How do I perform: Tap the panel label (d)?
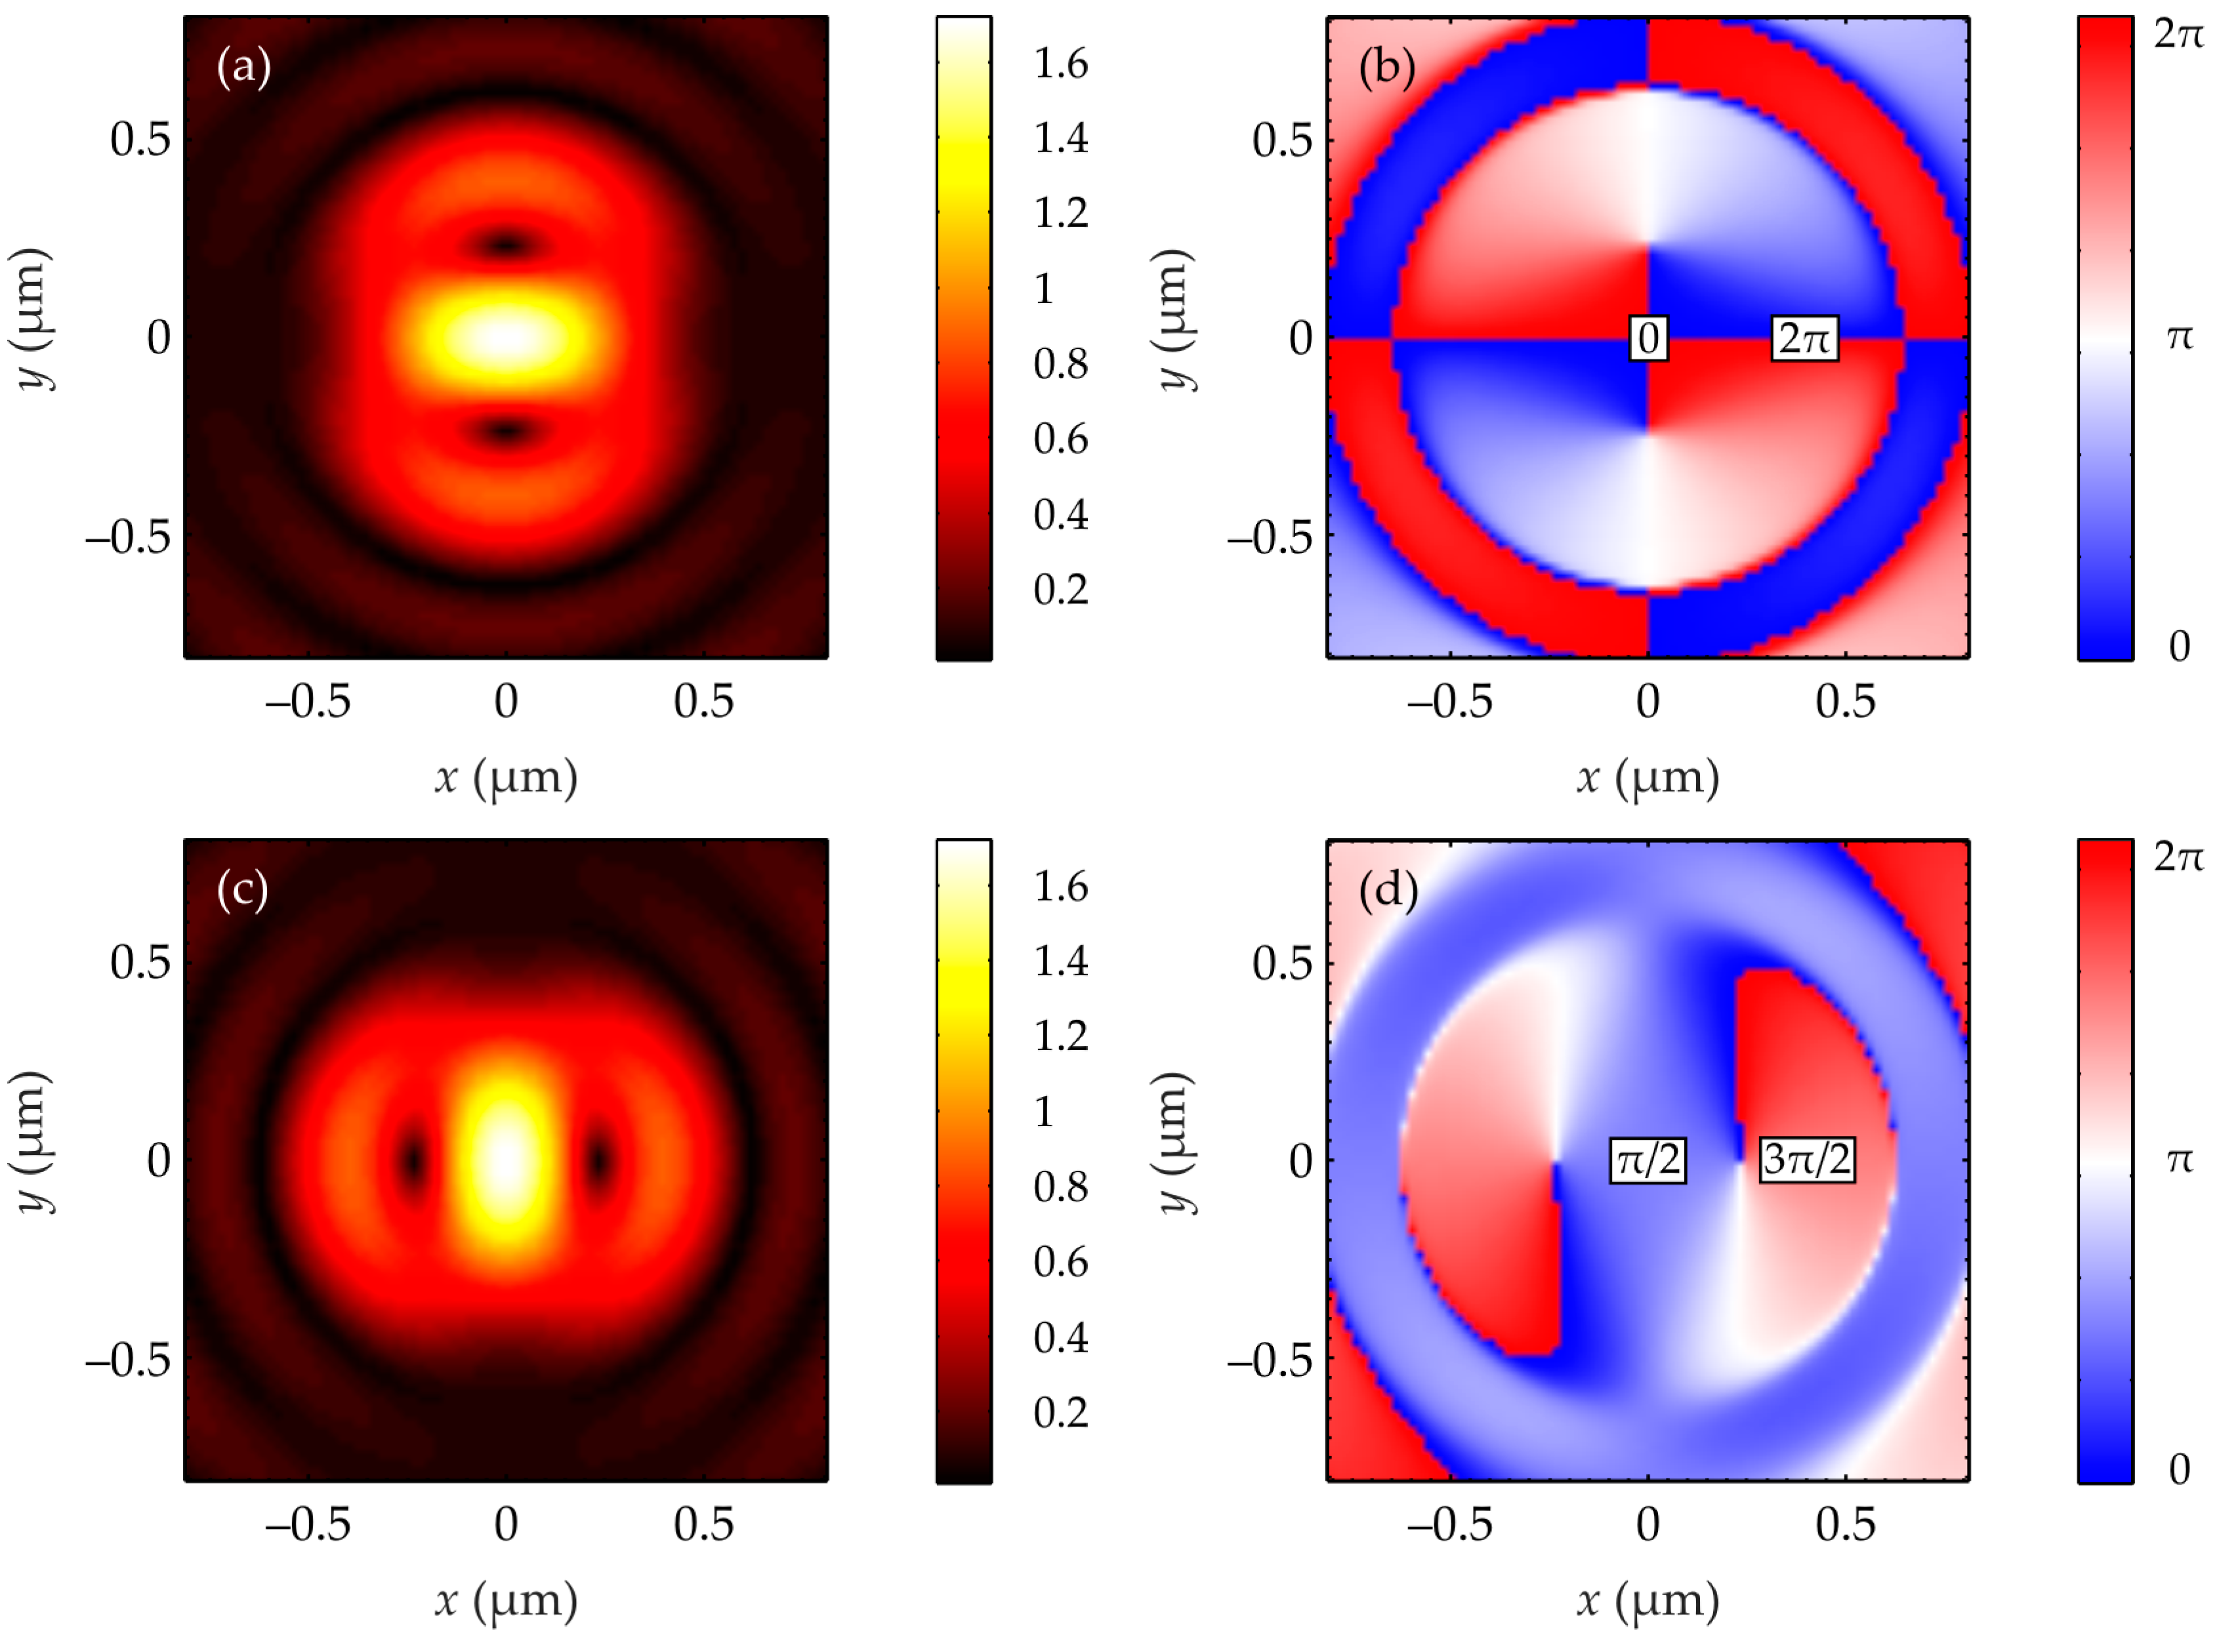[x=1387, y=890]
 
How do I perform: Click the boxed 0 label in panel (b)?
[x=1648, y=338]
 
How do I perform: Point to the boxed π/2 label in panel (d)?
[x=1647, y=1160]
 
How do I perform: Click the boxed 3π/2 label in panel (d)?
[x=1806, y=1160]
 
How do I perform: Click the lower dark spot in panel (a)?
[x=506, y=431]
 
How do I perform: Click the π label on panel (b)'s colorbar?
[x=2178, y=338]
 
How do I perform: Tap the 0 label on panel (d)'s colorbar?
[x=2178, y=1468]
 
